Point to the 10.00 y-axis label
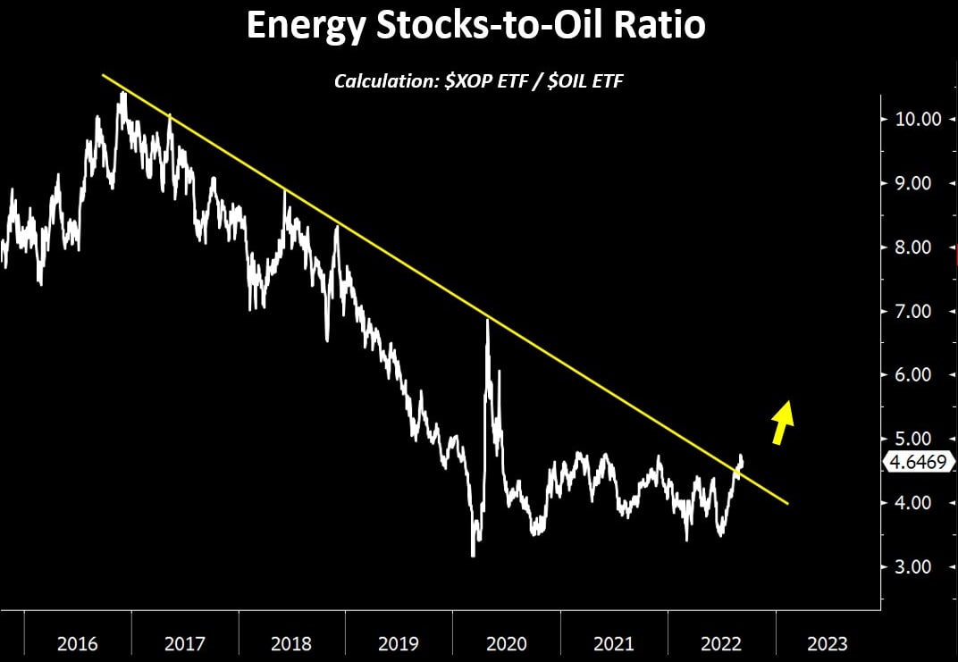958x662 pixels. [x=912, y=119]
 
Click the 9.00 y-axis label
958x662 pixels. [x=912, y=183]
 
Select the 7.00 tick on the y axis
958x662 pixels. [x=912, y=311]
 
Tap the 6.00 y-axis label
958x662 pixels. [x=912, y=375]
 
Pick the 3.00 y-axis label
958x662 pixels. [x=912, y=567]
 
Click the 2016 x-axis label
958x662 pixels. [x=78, y=643]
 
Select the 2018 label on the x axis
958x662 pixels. [x=292, y=643]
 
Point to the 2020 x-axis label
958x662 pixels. [x=507, y=643]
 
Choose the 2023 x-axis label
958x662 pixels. [x=827, y=643]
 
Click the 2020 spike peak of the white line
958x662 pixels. [x=487, y=320]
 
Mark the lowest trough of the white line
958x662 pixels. [x=473, y=556]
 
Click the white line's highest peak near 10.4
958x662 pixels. [x=122, y=93]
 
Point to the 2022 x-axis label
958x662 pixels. [x=720, y=643]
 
